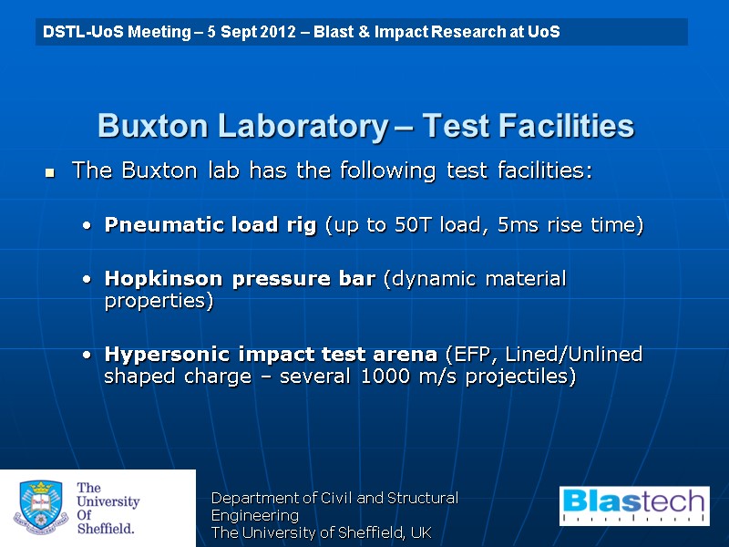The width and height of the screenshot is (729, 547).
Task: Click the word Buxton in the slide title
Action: [x=149, y=126]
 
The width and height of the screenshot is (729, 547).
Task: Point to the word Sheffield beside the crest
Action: [x=105, y=528]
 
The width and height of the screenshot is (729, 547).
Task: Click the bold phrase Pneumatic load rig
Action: [x=212, y=225]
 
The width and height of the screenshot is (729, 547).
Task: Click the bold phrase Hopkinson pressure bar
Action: [x=240, y=279]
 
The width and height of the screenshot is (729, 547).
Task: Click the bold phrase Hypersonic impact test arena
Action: [x=271, y=354]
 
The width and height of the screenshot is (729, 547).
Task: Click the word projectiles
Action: [x=523, y=377]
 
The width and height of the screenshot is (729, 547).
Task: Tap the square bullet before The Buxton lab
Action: [x=51, y=172]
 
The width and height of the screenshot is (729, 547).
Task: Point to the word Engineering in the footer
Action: [x=254, y=515]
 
